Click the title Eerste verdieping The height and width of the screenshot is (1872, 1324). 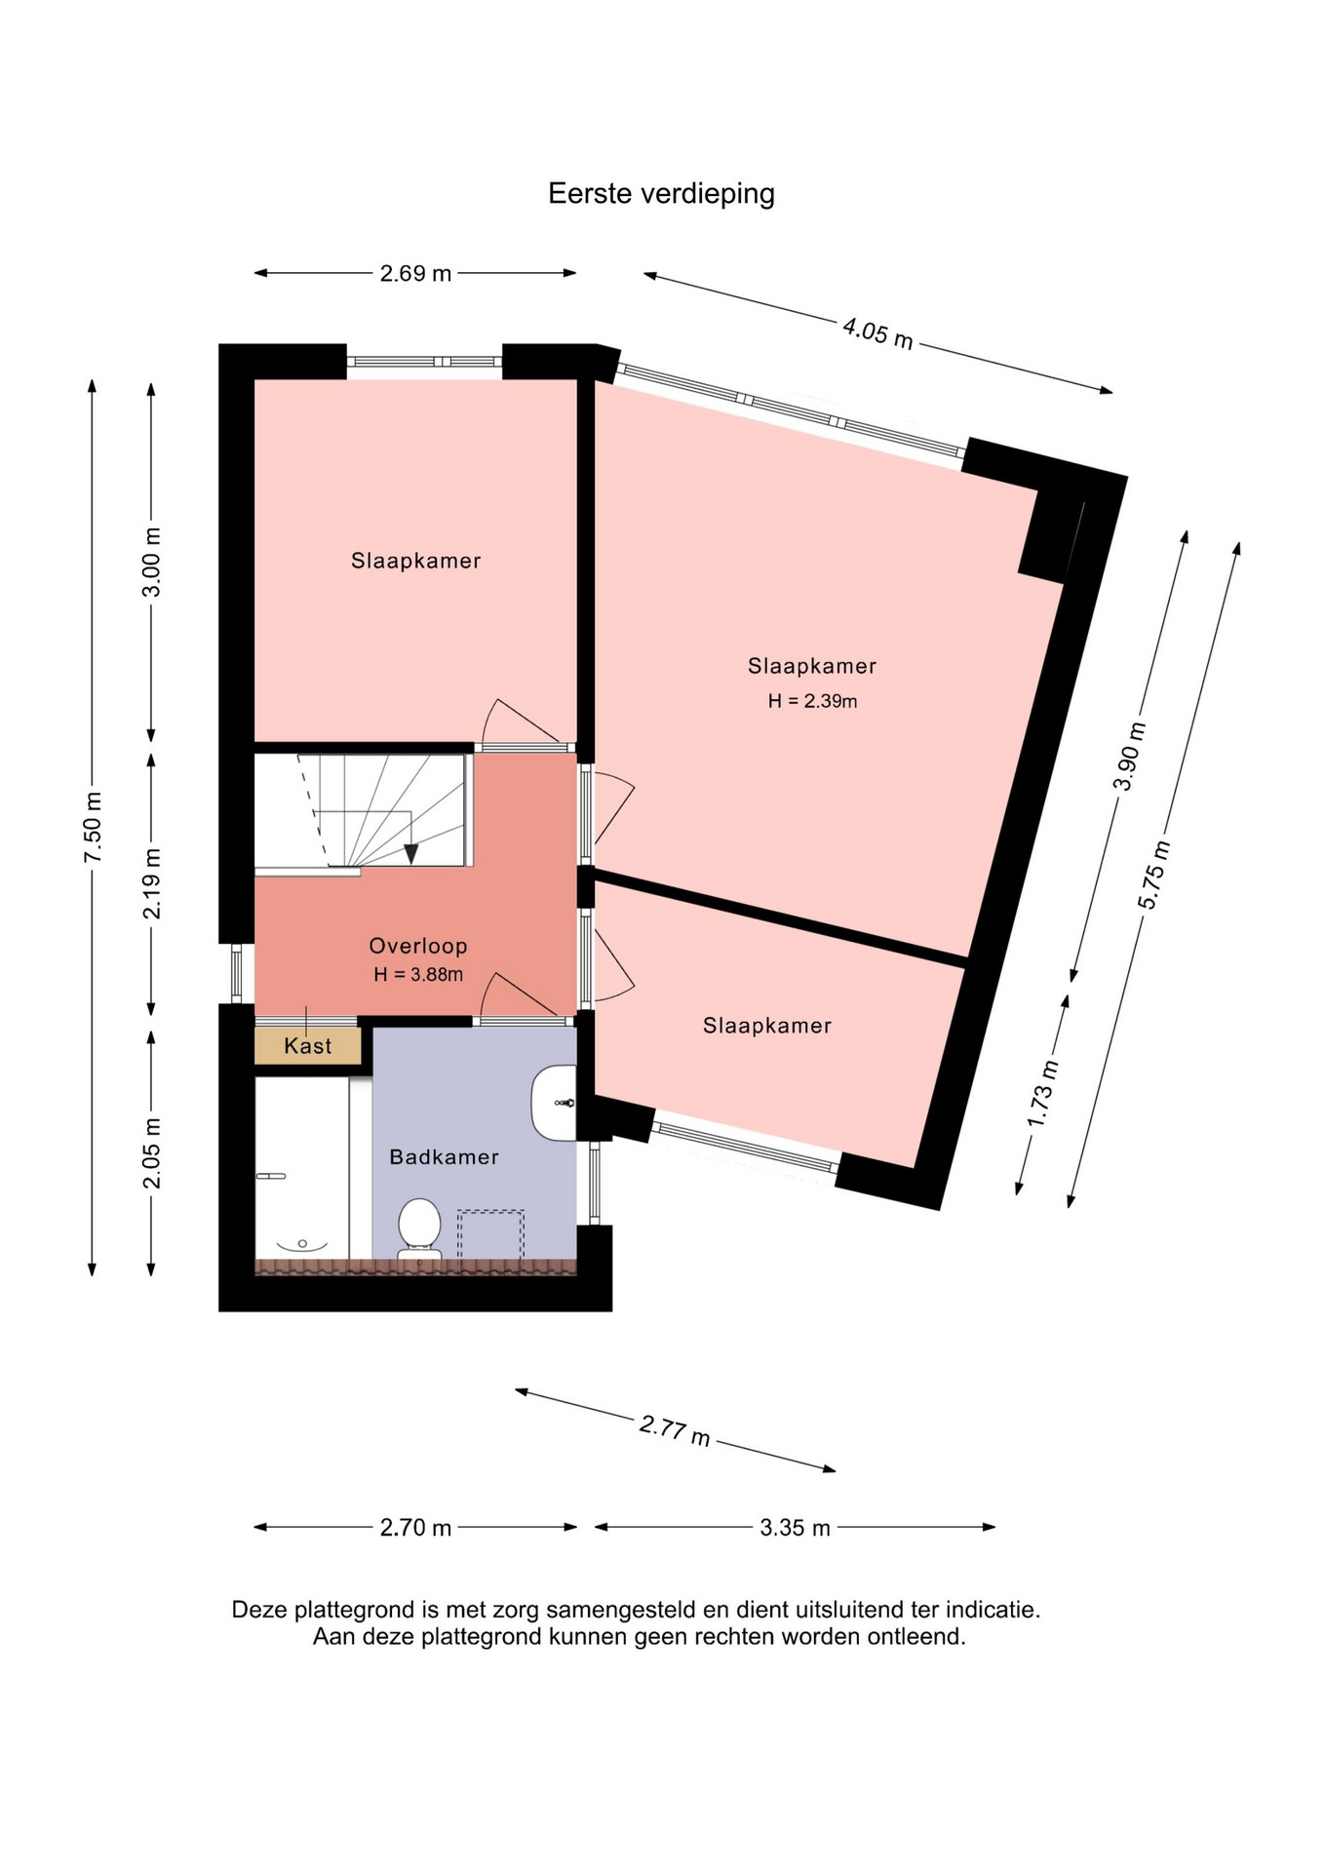(661, 193)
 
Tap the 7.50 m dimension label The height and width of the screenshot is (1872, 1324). (93, 828)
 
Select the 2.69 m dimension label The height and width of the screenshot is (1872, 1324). (415, 273)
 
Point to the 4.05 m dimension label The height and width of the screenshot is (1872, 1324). (877, 332)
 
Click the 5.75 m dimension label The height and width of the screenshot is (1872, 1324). (1153, 875)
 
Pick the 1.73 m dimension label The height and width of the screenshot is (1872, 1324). (1042, 1093)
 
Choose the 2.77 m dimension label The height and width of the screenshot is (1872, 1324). (675, 1430)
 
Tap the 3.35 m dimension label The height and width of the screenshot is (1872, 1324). (795, 1528)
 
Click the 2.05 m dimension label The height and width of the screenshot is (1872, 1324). (152, 1153)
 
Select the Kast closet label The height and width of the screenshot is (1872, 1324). (308, 1046)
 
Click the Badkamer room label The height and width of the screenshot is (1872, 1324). (444, 1157)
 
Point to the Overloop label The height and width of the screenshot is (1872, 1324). (418, 946)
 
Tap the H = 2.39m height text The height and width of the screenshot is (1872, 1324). (812, 701)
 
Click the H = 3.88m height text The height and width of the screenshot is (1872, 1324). (418, 974)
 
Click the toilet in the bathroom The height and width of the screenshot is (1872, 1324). (419, 1229)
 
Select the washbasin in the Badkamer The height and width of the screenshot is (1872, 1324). (554, 1103)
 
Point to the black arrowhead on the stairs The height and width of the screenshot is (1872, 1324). (411, 854)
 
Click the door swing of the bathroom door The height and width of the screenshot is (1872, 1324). (517, 993)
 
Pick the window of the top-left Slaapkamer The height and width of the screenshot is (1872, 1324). (424, 362)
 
